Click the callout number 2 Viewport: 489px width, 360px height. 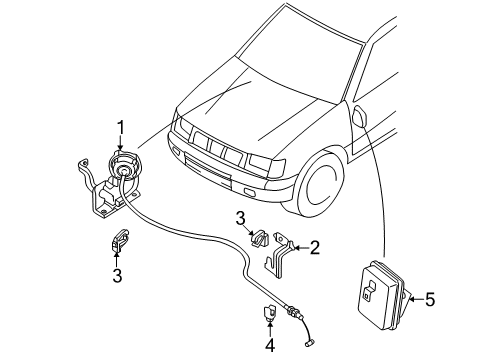point(315,248)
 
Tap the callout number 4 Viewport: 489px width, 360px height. point(270,345)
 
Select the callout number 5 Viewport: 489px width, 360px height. point(429,299)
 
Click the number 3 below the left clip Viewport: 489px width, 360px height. point(117,275)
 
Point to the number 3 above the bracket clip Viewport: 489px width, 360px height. point(240,219)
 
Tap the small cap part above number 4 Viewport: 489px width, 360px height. point(270,313)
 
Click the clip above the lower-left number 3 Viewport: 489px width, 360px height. point(119,240)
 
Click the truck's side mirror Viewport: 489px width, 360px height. point(360,116)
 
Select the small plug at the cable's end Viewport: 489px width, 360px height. point(309,342)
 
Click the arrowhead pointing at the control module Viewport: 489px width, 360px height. point(412,299)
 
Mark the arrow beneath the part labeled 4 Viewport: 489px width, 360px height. point(270,329)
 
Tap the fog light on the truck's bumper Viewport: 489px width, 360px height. point(249,192)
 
